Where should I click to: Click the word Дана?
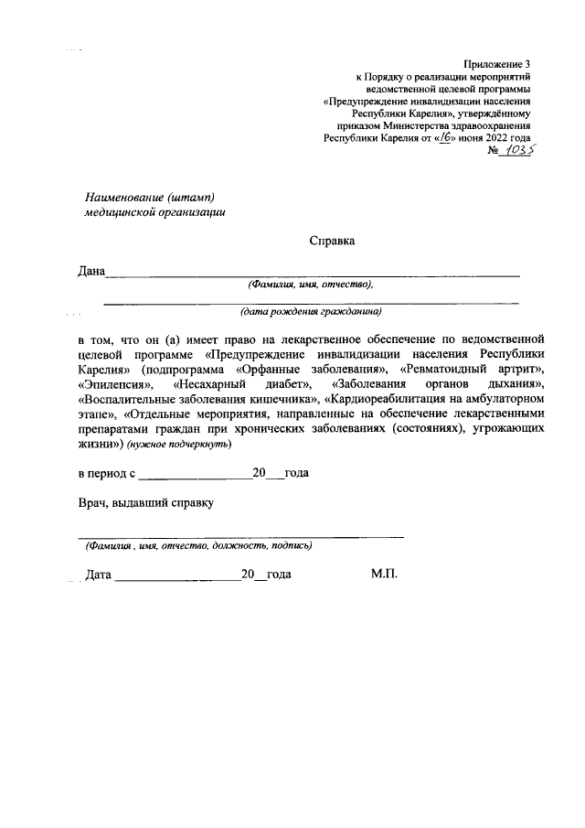coord(90,271)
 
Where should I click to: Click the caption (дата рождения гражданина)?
coord(311,311)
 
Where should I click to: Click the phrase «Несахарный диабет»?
coord(239,385)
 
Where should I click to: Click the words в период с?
coord(107,474)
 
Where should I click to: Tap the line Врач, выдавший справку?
coord(144,501)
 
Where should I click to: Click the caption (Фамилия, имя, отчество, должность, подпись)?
coord(198,546)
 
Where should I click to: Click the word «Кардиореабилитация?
coord(384,401)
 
